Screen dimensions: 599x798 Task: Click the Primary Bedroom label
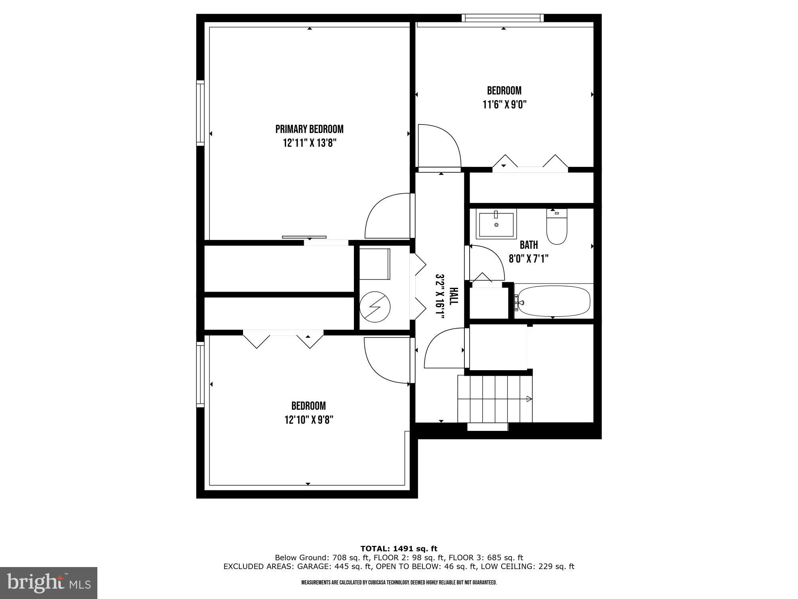point(309,129)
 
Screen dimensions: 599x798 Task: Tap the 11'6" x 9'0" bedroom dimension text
point(504,105)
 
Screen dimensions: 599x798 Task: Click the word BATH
point(528,245)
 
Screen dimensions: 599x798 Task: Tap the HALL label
point(453,296)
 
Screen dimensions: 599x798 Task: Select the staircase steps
point(495,399)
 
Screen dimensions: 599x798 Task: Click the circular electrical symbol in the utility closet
point(375,307)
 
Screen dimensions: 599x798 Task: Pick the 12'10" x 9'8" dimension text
point(309,420)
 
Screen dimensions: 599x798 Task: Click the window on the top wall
point(503,18)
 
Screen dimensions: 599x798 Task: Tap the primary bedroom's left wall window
point(200,113)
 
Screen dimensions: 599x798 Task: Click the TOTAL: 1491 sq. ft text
point(399,549)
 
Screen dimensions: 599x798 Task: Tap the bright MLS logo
point(49,583)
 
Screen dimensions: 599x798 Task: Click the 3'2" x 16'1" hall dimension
point(439,296)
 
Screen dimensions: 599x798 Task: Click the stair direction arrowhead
point(529,399)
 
